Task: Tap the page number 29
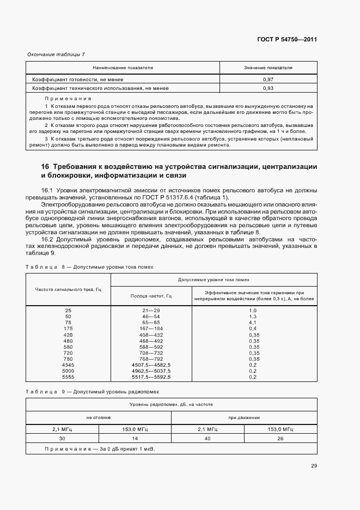pos(314,465)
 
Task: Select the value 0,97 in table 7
pos(268,80)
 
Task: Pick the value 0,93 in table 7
pos(268,88)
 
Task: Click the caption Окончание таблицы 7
pos(56,54)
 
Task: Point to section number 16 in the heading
pos(45,166)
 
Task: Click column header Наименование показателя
pos(123,68)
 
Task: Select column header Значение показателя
pos(268,68)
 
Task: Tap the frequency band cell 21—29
pos(151,309)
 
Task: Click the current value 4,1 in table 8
pos(252,323)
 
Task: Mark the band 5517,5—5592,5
pos(151,377)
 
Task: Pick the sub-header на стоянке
pos(99,417)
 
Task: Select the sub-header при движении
pos(244,417)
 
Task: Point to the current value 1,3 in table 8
pos(252,316)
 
